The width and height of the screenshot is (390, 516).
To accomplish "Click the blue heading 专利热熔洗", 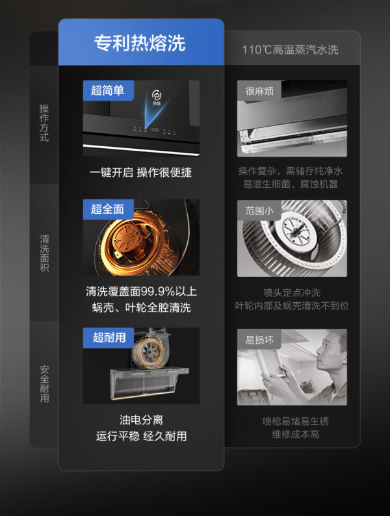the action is pos(140,43).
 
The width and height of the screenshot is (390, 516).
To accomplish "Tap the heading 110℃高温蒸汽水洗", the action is pos(290,49).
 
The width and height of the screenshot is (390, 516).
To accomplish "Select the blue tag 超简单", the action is pos(108,90).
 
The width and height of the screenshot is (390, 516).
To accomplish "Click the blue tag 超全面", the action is pos(108,209).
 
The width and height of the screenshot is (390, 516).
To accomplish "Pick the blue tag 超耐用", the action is pos(109,338).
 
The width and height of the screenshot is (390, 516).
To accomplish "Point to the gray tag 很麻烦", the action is pos(259,91).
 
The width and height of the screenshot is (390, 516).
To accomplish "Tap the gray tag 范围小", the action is pos(259,211).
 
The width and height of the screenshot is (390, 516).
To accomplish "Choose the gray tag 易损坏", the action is pos(259,340).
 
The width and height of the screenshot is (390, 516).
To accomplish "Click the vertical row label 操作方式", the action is pos(44,123).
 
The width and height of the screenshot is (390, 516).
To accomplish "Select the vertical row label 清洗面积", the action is pos(44,253).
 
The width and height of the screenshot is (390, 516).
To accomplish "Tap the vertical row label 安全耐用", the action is pos(44,383).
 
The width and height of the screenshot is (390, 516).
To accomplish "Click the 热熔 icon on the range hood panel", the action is pos(157,97).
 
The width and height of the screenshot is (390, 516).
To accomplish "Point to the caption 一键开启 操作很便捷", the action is pos(140,172).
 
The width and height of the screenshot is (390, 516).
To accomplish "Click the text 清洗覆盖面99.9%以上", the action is pos(141,291).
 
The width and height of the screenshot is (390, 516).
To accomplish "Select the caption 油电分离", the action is pos(141,420).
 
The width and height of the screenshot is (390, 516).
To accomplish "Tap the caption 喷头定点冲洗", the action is pos(292,292).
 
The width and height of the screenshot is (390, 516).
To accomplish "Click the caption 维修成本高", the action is pos(295,434).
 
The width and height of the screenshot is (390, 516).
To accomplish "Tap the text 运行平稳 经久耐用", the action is pos(141,436).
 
